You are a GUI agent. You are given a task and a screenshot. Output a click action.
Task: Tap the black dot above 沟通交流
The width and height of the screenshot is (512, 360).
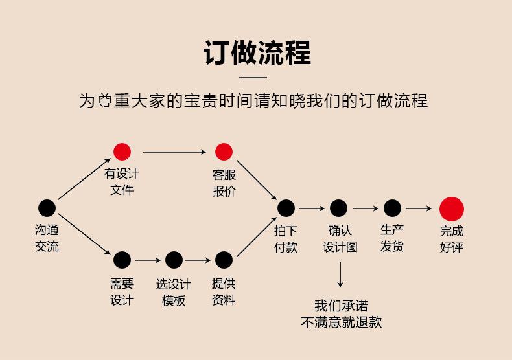[47, 208]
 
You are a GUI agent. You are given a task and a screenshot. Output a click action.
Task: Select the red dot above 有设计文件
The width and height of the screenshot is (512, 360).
[122, 152]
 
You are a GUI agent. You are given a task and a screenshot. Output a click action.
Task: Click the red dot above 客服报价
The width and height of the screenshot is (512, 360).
[224, 152]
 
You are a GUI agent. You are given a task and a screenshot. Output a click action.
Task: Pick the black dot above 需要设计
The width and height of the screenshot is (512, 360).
[122, 260]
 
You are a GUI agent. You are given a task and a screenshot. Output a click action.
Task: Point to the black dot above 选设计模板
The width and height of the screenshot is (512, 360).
[174, 260]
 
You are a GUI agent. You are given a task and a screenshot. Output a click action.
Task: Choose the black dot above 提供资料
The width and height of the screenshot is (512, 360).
[224, 260]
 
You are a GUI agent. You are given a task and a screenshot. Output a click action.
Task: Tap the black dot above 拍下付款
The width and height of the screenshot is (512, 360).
[286, 208]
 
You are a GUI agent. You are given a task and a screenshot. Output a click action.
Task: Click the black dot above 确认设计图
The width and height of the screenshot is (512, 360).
[338, 208]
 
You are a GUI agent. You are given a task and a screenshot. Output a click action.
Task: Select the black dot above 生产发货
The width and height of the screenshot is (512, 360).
[392, 208]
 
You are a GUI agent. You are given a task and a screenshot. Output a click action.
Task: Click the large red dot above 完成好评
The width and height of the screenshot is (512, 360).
[452, 208]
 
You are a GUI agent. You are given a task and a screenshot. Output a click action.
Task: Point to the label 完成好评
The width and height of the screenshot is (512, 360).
[452, 239]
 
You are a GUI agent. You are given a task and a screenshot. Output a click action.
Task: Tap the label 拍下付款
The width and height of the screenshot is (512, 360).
[286, 239]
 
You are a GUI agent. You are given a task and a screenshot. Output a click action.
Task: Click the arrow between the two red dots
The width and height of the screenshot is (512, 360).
[173, 152]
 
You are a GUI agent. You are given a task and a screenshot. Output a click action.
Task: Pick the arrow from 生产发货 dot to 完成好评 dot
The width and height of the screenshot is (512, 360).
[419, 208]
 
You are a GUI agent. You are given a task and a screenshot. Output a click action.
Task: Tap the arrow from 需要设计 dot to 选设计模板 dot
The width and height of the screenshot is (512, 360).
[148, 260]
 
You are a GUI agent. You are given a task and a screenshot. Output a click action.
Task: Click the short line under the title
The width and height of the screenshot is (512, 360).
[257, 77]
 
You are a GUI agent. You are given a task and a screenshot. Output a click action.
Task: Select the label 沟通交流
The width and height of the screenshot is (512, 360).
[47, 238]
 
